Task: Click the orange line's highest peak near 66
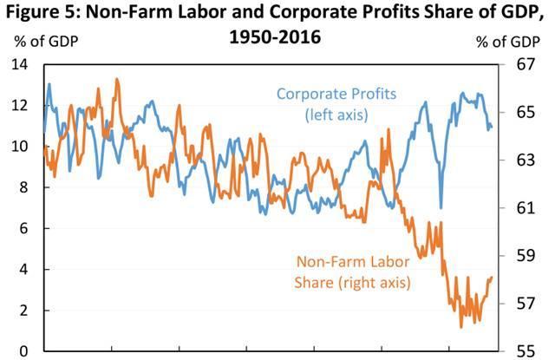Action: point(116,80)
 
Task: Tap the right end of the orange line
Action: point(492,278)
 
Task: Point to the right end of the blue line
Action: point(492,128)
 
